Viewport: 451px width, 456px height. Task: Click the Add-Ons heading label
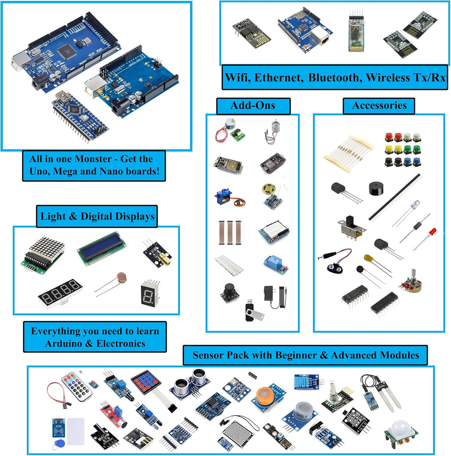click(x=253, y=106)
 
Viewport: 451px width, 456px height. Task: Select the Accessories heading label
click(x=379, y=106)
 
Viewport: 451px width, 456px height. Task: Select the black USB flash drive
click(x=253, y=311)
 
